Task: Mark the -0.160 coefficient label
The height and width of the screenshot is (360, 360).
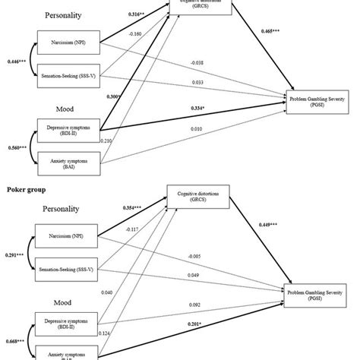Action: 136,33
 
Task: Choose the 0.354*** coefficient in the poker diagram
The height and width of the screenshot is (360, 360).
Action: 122,207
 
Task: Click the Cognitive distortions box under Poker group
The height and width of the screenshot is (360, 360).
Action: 199,199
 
